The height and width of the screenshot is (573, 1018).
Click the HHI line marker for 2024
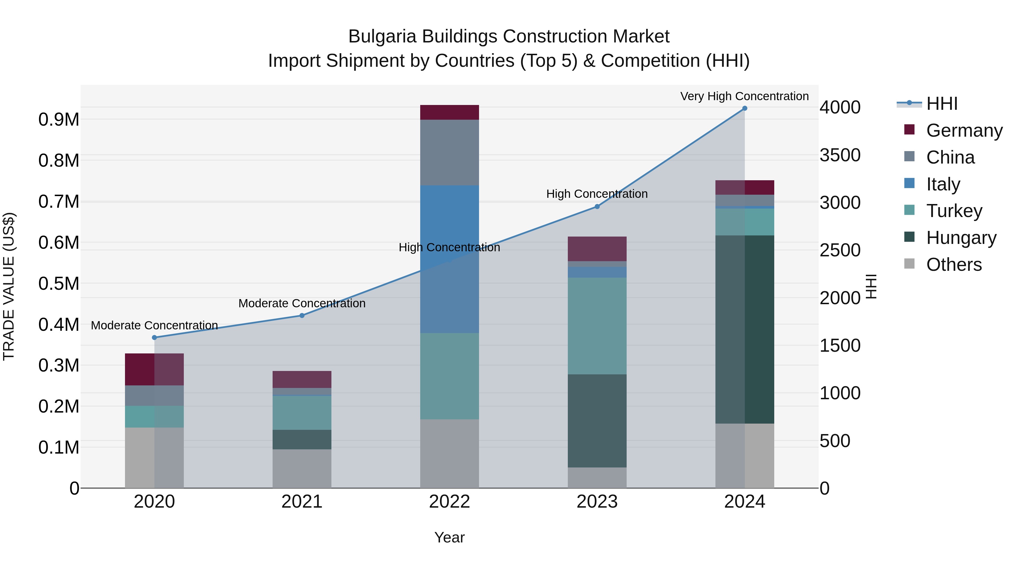(745, 108)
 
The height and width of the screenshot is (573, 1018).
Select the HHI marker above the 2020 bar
(154, 337)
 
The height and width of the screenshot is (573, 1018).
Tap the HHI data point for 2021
(302, 316)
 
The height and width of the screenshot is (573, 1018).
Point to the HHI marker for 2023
(597, 207)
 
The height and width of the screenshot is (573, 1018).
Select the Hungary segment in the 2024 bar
(745, 329)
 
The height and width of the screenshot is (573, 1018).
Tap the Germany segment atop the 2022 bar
(449, 112)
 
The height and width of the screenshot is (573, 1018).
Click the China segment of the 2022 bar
(449, 152)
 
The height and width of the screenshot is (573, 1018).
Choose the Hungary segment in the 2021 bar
(302, 439)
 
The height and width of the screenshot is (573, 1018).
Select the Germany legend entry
(964, 130)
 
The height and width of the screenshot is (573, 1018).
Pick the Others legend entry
(954, 265)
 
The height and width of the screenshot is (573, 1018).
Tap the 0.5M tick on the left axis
(59, 284)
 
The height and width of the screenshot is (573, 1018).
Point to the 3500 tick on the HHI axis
(840, 155)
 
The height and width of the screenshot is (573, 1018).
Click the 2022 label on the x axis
(449, 502)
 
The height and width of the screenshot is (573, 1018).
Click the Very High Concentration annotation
(744, 96)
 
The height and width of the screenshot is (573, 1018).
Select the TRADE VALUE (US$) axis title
(9, 286)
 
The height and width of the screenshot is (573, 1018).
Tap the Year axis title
(449, 537)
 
